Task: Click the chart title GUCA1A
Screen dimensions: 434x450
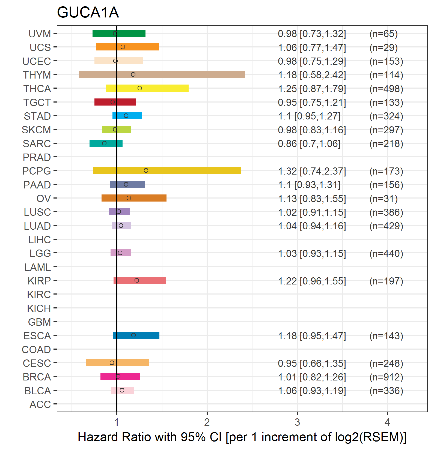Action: coord(88,12)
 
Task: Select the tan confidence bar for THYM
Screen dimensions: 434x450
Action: coord(162,74)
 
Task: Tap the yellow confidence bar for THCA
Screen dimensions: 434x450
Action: coord(147,88)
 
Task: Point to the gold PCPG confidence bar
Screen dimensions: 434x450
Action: coord(167,170)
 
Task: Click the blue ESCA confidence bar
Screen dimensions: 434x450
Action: coord(136,335)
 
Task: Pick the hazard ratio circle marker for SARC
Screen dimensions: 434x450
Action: coord(104,143)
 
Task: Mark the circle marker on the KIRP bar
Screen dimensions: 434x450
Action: coord(137,280)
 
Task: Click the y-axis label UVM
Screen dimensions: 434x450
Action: coord(40,34)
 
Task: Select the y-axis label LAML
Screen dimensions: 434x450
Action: coord(38,267)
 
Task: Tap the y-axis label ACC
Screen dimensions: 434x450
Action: coord(40,404)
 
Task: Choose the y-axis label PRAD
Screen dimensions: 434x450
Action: coord(37,157)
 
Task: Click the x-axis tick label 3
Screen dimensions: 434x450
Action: coord(297,422)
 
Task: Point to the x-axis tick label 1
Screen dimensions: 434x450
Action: coord(117,422)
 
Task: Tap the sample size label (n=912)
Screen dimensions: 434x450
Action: coord(386,377)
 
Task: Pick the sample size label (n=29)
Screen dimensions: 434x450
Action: coord(384,48)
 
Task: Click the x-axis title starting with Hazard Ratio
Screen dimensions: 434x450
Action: coord(242,437)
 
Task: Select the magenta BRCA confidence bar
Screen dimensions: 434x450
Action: coord(120,376)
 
